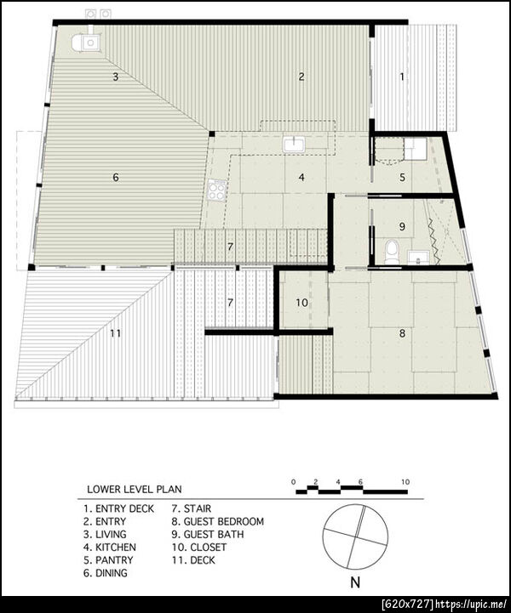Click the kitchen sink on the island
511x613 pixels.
(295, 145)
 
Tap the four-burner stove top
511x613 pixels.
(217, 190)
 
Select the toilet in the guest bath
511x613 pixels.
(391, 253)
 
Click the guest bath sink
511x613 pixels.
(418, 258)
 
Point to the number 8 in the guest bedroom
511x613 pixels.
(402, 333)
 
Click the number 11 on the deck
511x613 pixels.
(115, 333)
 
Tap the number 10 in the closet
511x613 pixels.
(301, 303)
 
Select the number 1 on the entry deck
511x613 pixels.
(402, 77)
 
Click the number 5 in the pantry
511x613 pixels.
(402, 178)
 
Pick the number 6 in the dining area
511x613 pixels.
(116, 178)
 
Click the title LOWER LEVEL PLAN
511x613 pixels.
(135, 489)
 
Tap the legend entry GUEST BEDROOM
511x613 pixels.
(224, 521)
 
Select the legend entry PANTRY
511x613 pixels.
(114, 560)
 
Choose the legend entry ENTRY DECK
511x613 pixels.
(125, 508)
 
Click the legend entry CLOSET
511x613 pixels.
(209, 548)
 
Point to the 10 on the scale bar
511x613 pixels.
(405, 482)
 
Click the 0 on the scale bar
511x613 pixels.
(293, 482)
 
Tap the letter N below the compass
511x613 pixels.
(355, 583)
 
